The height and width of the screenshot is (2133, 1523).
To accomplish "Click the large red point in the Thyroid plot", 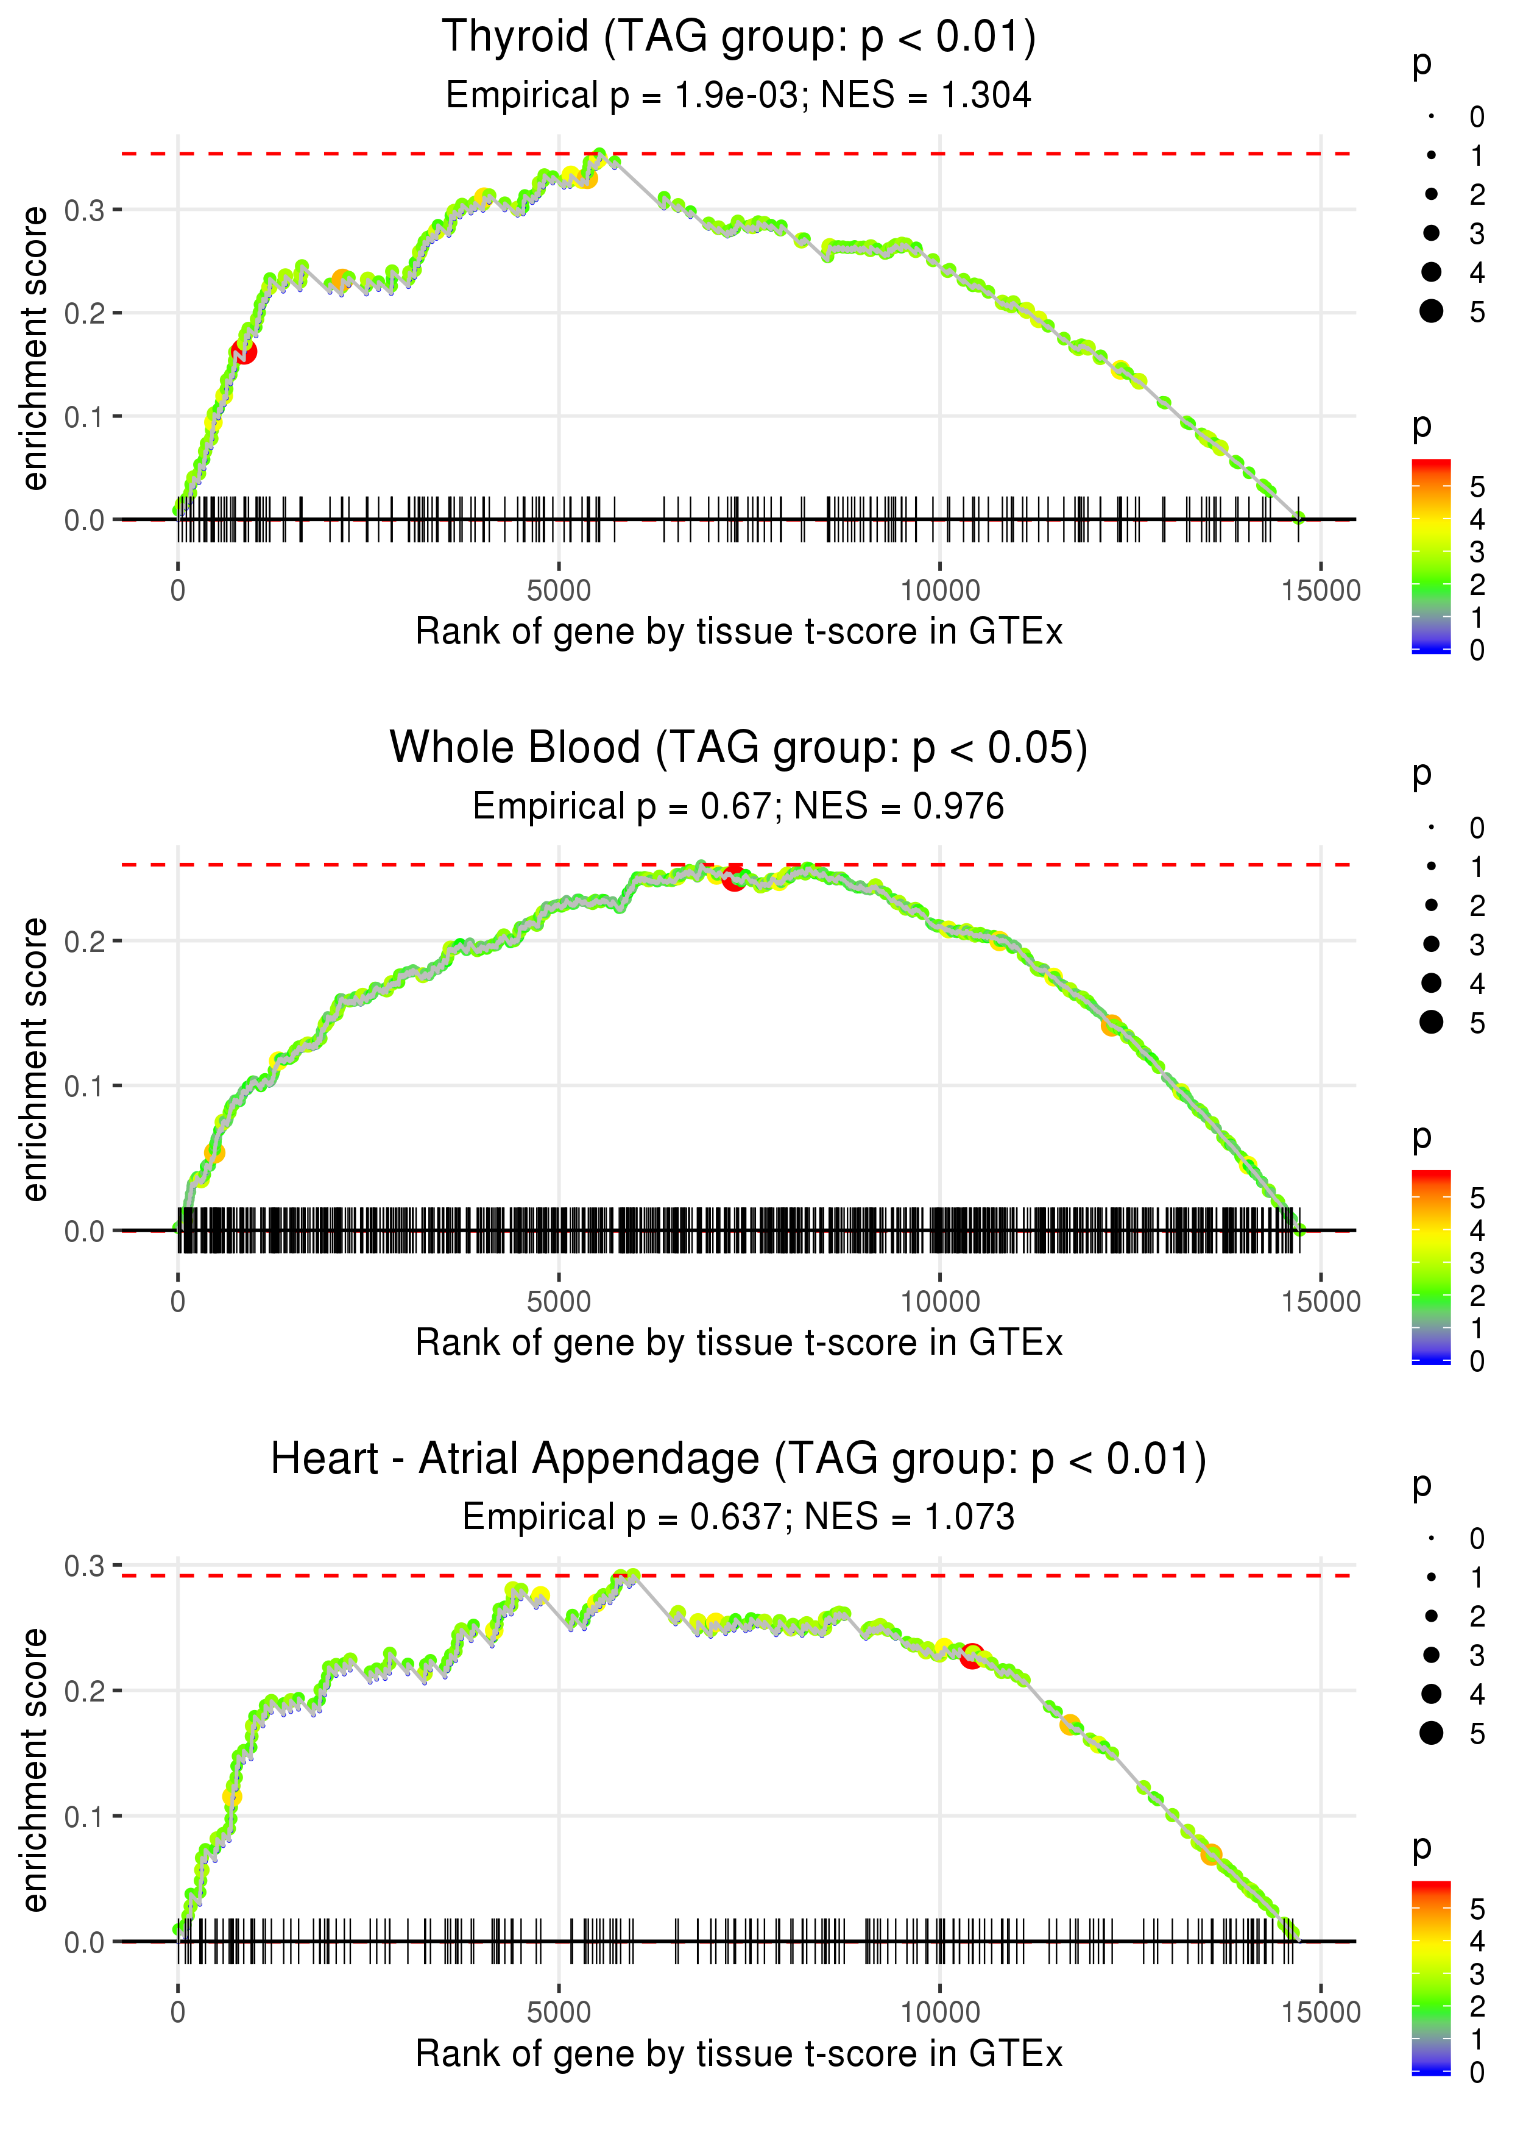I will [244, 352].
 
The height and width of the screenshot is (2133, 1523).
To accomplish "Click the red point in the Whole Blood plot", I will [733, 878].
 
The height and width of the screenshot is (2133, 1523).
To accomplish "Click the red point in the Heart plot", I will [972, 1656].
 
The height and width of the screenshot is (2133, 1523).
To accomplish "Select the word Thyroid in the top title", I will [515, 38].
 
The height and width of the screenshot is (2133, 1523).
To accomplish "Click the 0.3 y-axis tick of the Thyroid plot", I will [85, 210].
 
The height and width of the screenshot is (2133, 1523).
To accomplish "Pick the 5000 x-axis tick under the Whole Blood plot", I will [559, 1302].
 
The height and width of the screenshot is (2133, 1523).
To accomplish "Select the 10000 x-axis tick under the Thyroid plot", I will [939, 591].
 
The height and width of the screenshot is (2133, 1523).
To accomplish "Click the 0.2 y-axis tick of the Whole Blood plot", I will [85, 941].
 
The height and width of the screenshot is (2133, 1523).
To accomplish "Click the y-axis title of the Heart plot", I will [35, 1769].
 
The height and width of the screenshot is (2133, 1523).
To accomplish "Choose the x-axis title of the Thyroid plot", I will [738, 632].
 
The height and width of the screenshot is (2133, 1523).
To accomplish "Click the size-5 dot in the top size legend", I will [1431, 311].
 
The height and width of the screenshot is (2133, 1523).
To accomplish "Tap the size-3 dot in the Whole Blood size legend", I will [1431, 943].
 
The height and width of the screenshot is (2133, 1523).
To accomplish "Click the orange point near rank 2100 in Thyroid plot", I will [341, 280].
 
